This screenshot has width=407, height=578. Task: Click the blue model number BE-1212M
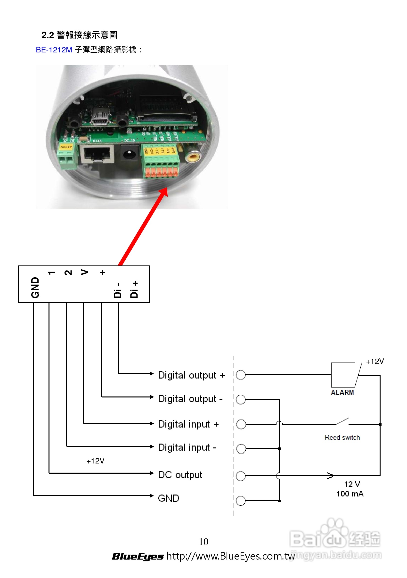pos(54,50)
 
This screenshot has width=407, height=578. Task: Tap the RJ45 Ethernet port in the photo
pos(97,154)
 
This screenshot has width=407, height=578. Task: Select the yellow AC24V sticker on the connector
pos(66,147)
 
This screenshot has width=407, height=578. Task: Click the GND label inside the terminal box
pos(35,288)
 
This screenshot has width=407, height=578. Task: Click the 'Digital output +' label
pos(191,375)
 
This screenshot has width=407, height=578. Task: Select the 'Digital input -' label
pos(187,448)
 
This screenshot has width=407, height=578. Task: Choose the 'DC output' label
pos(180,475)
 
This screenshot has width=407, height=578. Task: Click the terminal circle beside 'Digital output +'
pos(241,375)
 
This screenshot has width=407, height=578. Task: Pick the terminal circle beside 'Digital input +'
pos(241,424)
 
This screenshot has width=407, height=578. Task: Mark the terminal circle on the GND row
pos(241,501)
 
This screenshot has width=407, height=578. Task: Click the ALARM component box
pos(343,375)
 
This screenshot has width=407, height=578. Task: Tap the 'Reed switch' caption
pos(342,438)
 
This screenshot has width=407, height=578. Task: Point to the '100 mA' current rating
pos(350,494)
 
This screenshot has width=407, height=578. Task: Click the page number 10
pos(204,542)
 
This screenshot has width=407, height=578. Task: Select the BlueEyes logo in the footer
pos(138,556)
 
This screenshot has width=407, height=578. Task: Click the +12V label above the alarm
pos(375,362)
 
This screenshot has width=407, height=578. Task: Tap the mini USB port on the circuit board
pos(100,118)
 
